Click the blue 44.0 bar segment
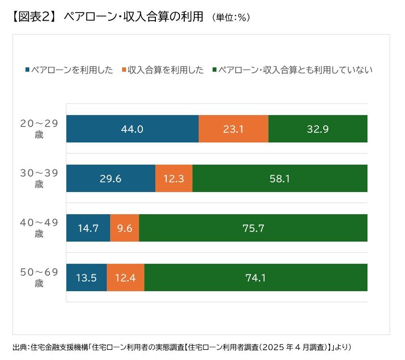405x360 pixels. click(x=132, y=129)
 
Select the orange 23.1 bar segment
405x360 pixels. click(x=233, y=129)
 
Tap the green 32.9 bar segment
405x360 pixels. click(x=318, y=129)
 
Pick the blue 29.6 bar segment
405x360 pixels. click(x=111, y=179)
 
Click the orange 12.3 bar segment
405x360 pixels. click(x=174, y=179)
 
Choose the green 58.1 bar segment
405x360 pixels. click(x=280, y=179)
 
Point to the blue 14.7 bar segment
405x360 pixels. click(x=88, y=228)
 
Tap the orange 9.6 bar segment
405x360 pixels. click(x=125, y=228)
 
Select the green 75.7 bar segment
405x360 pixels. click(x=253, y=228)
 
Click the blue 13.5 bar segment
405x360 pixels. click(x=87, y=278)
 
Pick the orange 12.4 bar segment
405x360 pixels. click(x=126, y=278)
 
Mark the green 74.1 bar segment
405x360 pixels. click(x=256, y=278)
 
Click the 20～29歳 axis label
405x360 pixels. click(x=39, y=129)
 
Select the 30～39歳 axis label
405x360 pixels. click(x=39, y=179)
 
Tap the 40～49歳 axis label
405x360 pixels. click(x=39, y=228)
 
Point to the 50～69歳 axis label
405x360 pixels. click(x=39, y=278)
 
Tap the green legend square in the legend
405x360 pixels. click(x=214, y=70)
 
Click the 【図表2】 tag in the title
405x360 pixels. click(x=32, y=16)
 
